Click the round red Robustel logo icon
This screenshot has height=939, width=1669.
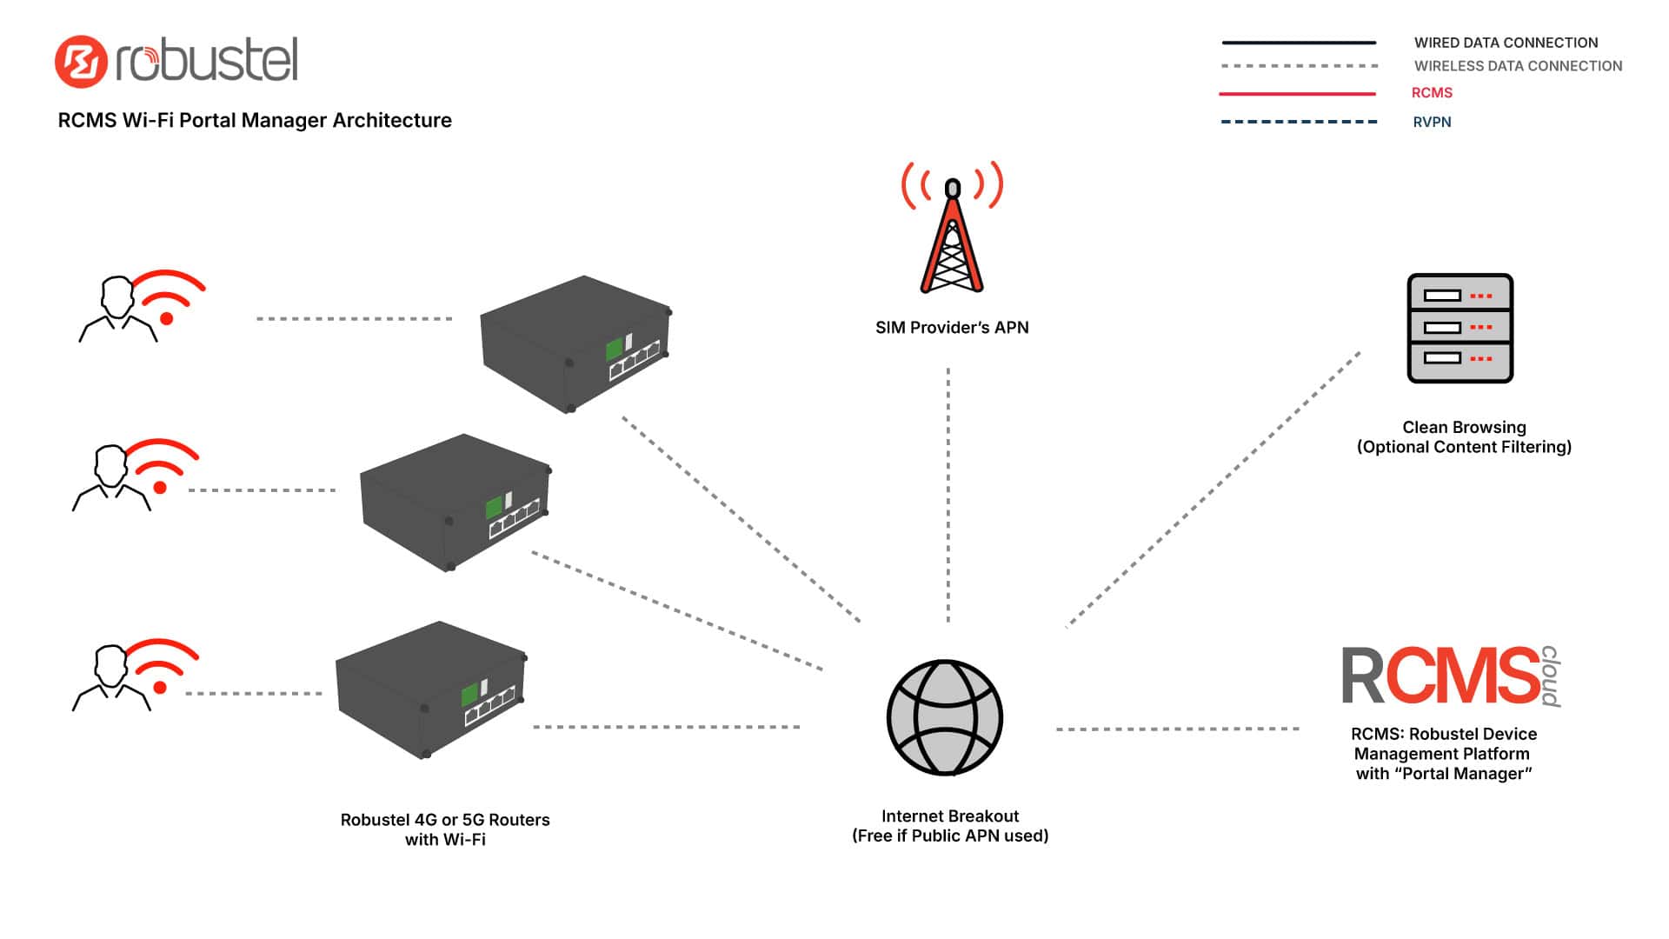click(x=81, y=61)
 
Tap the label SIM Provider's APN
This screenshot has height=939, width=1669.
click(x=952, y=328)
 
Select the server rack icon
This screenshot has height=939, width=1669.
click(x=1460, y=328)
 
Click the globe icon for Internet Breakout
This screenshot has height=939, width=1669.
click(x=945, y=717)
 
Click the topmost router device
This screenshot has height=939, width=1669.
click(x=576, y=343)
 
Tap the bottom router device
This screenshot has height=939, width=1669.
click(x=431, y=689)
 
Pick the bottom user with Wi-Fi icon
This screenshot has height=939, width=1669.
click(x=135, y=676)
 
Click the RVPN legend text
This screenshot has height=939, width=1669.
click(x=1432, y=122)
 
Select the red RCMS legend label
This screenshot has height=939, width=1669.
click(x=1432, y=93)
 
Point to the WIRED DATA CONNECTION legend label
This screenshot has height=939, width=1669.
click(x=1506, y=43)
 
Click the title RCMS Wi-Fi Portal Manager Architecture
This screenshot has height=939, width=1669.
click(x=255, y=120)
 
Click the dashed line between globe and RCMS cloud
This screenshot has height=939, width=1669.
click(x=1178, y=729)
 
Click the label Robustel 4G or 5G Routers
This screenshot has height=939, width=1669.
click(x=445, y=820)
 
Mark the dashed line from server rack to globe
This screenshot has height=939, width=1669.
click(x=1214, y=489)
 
